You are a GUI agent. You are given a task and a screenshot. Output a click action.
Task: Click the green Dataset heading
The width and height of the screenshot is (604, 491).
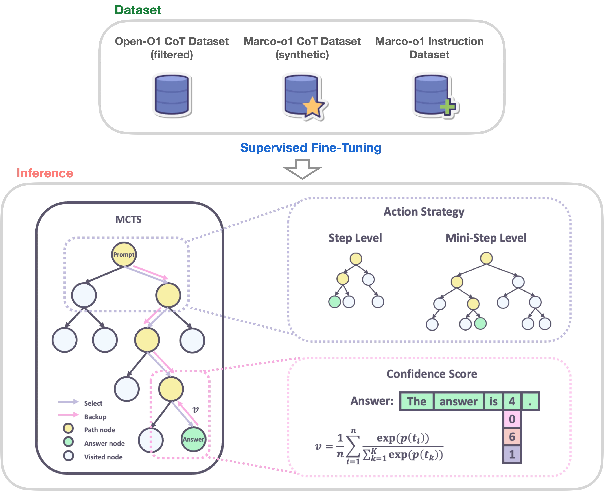(x=138, y=10)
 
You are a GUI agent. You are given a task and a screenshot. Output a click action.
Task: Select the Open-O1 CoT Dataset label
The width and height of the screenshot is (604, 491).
(x=172, y=42)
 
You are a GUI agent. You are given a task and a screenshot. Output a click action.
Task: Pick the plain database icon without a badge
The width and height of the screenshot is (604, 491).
(x=172, y=94)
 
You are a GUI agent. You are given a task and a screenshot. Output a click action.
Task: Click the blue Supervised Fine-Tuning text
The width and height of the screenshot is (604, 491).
(x=310, y=148)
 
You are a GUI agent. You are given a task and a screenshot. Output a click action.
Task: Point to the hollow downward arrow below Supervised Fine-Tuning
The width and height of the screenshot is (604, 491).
(x=302, y=169)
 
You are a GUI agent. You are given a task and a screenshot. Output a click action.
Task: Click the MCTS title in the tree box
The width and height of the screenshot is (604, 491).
(x=129, y=220)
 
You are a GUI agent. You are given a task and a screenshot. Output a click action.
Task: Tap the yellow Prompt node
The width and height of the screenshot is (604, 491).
(x=124, y=254)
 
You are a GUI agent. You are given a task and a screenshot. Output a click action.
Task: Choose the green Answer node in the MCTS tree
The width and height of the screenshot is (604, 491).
(x=193, y=439)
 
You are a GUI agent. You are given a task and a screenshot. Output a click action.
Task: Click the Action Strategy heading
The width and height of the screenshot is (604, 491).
(x=424, y=212)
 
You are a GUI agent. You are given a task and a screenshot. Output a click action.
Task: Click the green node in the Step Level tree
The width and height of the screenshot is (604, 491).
(x=334, y=302)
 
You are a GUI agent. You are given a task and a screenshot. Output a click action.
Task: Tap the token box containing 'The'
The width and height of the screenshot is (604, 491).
(x=417, y=401)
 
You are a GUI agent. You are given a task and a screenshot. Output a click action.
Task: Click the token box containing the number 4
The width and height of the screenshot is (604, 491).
(x=512, y=401)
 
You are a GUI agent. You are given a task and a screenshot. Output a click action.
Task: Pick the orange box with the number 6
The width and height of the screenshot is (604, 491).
(x=512, y=437)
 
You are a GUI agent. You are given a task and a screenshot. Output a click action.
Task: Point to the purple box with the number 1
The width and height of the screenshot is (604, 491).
(x=512, y=454)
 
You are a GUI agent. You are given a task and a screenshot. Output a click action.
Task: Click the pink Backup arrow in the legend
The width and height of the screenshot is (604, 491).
(x=68, y=415)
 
